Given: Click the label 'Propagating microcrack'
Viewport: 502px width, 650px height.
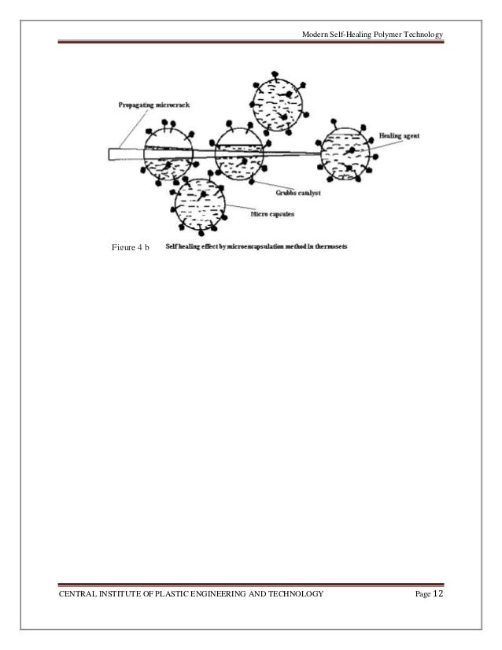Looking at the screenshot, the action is point(145,104).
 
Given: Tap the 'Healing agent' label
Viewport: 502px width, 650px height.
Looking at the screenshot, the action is point(398,135).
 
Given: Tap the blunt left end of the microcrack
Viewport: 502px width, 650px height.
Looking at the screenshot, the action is point(113,155).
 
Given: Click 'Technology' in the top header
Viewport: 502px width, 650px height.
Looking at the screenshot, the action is point(422,35).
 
